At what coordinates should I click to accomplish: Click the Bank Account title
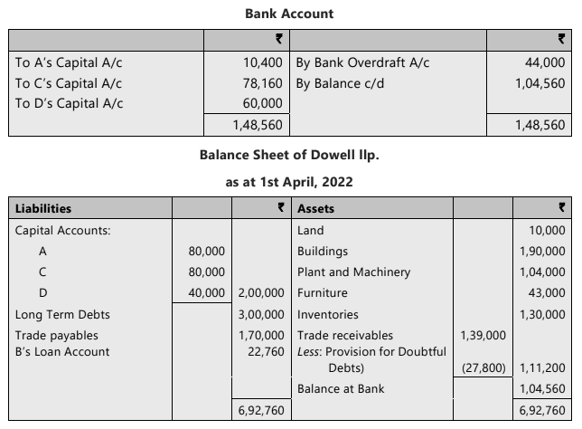point(289,14)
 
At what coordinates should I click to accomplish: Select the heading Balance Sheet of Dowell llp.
point(289,155)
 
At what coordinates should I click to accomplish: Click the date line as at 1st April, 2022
point(289,182)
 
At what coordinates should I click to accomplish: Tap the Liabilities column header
point(43,209)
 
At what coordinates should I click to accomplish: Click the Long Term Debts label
point(62,315)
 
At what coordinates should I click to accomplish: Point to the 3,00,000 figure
point(262,315)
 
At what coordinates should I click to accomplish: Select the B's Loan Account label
point(62,352)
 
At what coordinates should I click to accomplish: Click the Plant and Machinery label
point(353,272)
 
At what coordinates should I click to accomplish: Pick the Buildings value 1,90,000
point(542,251)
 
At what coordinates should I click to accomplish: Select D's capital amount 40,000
point(206,293)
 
